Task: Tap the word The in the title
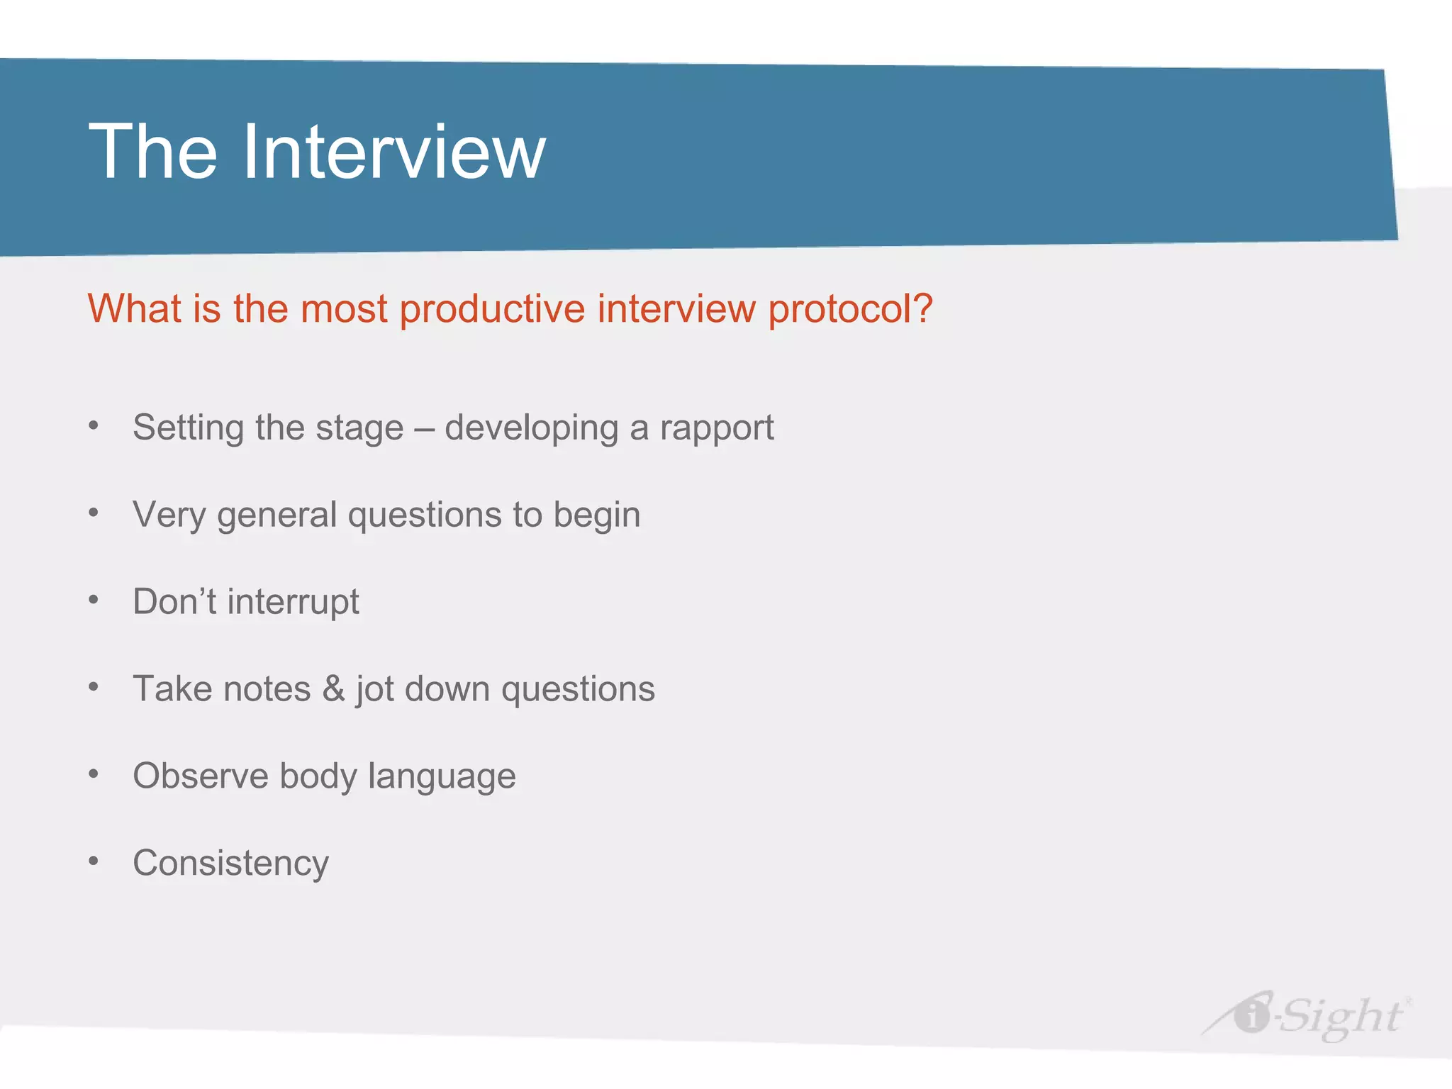pos(152,152)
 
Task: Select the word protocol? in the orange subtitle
pos(850,310)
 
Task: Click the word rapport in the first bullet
pos(716,428)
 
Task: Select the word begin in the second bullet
pos(596,515)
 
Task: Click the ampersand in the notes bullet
pos(333,689)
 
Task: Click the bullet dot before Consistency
pos(94,861)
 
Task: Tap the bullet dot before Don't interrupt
pos(94,600)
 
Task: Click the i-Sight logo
pos(1307,1015)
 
